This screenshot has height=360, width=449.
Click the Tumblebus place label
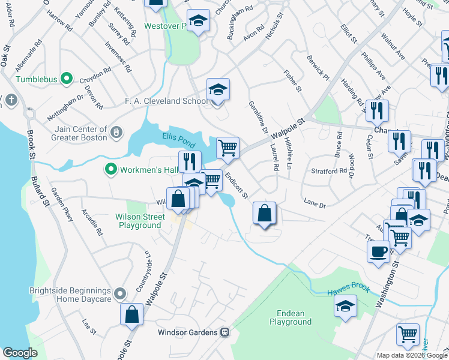coord(37,79)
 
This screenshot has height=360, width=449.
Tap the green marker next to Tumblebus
coord(67,79)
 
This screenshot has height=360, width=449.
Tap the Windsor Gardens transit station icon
coord(225,332)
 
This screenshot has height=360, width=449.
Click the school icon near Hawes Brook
coord(345,307)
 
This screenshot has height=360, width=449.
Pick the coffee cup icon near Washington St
coord(378,251)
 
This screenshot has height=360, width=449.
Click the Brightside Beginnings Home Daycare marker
coord(121,294)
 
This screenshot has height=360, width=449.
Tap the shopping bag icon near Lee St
coord(132,314)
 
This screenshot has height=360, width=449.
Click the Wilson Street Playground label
coord(139,221)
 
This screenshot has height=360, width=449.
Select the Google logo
coord(20,353)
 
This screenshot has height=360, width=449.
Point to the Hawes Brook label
coord(348,291)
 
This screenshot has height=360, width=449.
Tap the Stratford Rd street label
coord(329,170)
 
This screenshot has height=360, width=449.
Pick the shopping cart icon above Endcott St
coord(228,147)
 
